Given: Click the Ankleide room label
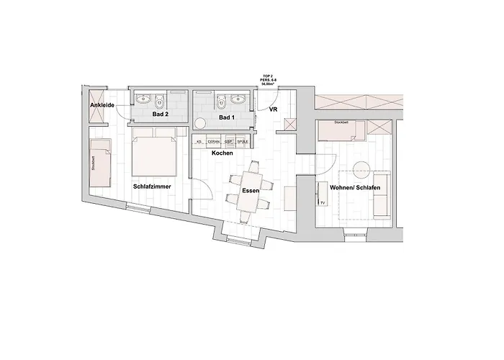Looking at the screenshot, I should point(103,106).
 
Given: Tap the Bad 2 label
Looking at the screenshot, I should point(160,114).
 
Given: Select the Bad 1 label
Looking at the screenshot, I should point(227,117).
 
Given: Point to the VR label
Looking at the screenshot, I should point(274,110).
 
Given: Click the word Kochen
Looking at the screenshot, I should point(221,153).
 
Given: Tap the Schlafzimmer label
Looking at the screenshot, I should point(151,186).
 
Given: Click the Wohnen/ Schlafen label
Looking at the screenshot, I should point(355,188).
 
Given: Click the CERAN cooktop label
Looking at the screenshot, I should point(214,142).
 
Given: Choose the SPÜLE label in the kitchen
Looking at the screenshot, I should point(243,142).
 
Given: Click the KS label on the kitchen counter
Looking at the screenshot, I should point(199,142).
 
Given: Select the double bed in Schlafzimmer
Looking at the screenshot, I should point(155,152).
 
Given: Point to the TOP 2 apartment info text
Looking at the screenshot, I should point(269,79).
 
